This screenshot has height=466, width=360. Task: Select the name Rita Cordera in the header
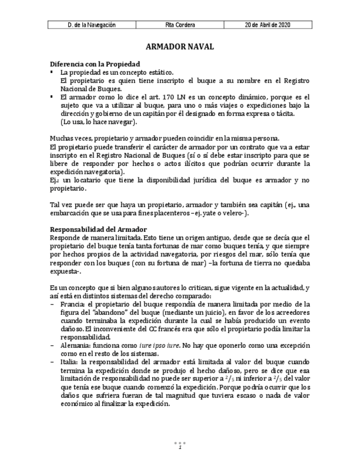[180, 25]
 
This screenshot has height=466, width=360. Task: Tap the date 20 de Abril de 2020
[268, 25]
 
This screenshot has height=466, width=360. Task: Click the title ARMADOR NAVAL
[180, 48]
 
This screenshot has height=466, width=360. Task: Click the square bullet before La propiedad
[52, 72]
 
